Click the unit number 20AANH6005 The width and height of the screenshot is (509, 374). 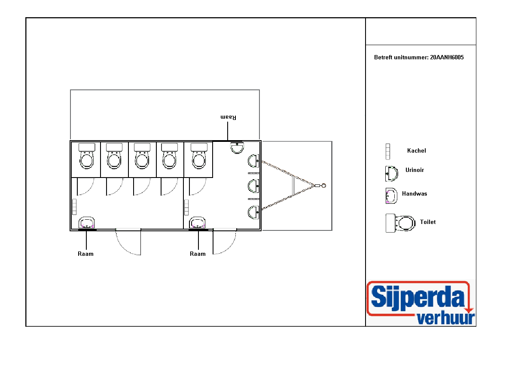447,57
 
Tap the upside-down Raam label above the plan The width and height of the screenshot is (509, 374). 228,117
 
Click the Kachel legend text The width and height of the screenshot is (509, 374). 417,150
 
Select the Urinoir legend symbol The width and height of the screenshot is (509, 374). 392,174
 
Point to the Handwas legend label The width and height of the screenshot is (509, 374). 415,193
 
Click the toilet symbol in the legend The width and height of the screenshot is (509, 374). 401,223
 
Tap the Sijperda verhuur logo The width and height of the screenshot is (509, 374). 421,303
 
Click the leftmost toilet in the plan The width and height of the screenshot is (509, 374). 87,156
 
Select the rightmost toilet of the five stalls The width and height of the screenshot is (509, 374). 199,156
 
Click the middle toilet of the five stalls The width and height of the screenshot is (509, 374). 142,156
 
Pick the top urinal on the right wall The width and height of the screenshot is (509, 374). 253,160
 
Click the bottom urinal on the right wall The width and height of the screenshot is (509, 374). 253,212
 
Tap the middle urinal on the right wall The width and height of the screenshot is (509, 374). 253,186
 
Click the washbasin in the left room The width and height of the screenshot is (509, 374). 87,223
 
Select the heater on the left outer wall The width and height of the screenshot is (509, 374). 74,207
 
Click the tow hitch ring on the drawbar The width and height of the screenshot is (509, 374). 323,186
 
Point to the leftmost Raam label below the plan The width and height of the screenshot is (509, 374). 86,254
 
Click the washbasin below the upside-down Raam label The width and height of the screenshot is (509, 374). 237,148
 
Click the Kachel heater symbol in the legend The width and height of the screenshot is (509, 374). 387,152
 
